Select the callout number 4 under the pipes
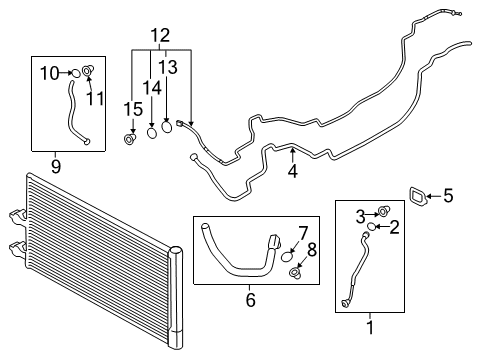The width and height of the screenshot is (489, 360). pos(292,171)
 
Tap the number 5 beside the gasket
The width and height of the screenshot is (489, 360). pos(447,196)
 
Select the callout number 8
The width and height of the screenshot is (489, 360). pos(311,250)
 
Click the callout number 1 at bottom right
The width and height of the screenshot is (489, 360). pos(372,325)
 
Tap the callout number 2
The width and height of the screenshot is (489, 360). pos(394,228)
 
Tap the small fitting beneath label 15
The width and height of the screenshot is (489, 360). pos(129,137)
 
